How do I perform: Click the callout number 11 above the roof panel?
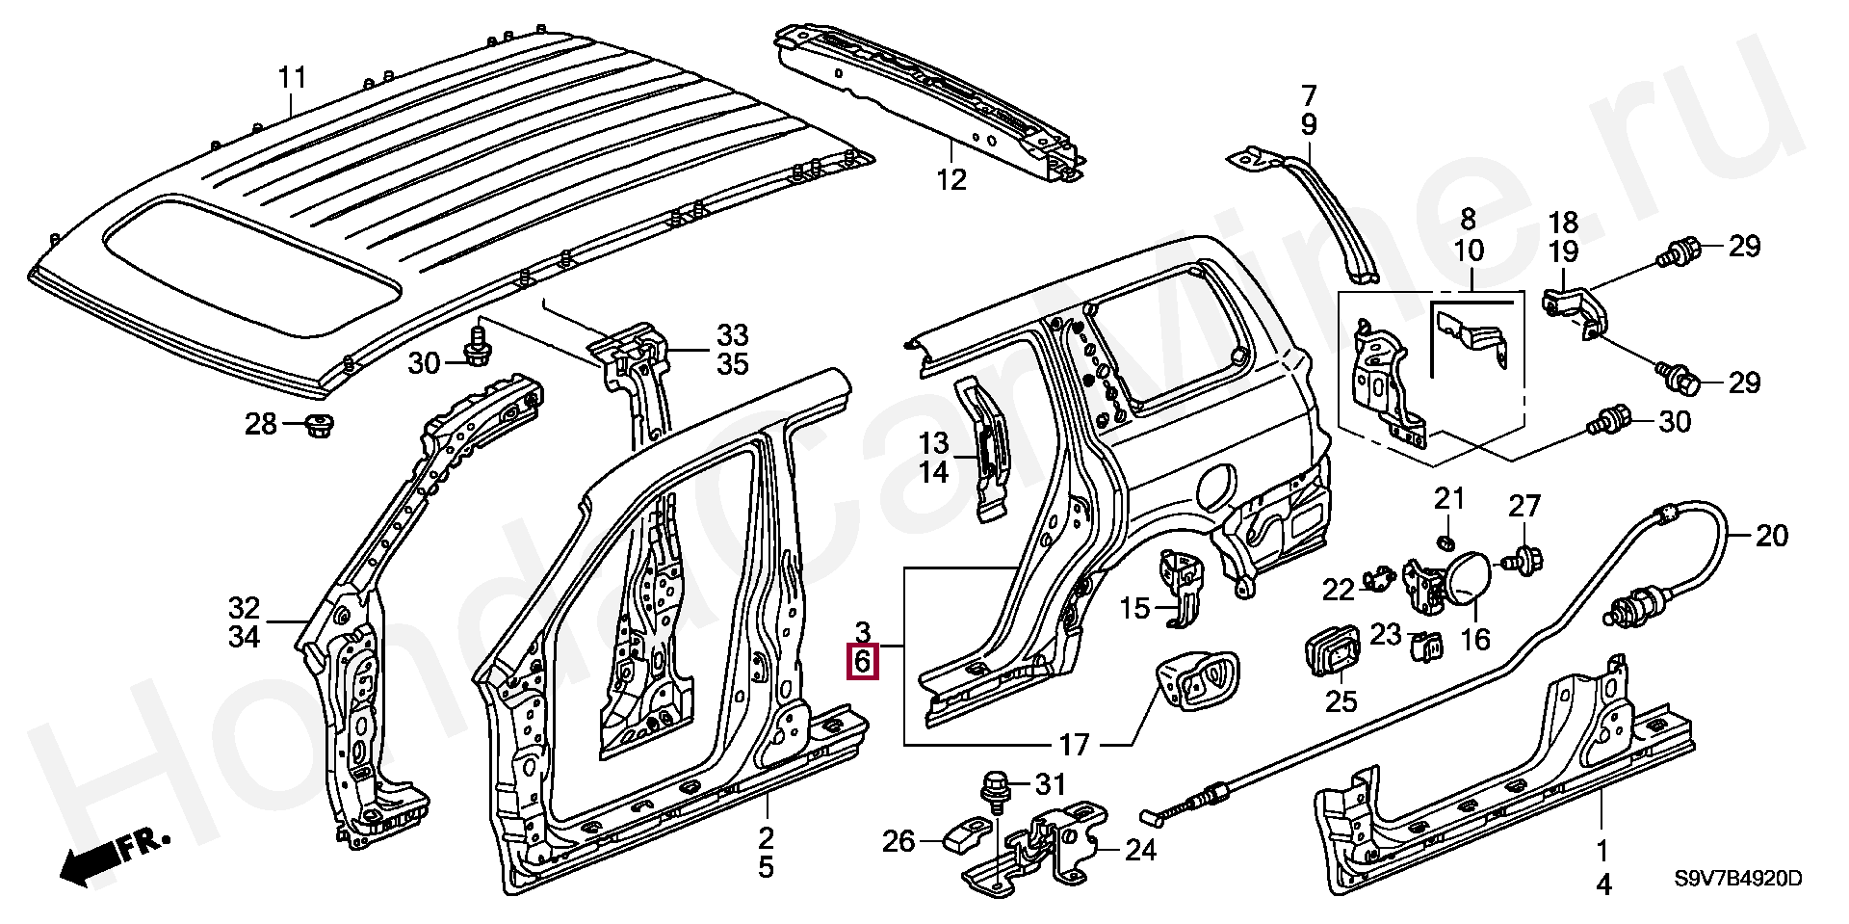click(292, 77)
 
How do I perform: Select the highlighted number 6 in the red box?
click(863, 662)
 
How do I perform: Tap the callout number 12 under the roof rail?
click(951, 179)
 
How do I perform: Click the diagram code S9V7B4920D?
click(1737, 879)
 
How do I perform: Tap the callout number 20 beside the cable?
click(1772, 535)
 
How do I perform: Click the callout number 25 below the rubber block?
click(1341, 700)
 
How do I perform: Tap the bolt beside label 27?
click(1523, 560)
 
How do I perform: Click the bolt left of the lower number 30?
click(1605, 421)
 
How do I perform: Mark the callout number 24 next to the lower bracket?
click(1140, 850)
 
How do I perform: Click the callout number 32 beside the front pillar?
click(244, 608)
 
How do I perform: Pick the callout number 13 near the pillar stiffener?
click(933, 443)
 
